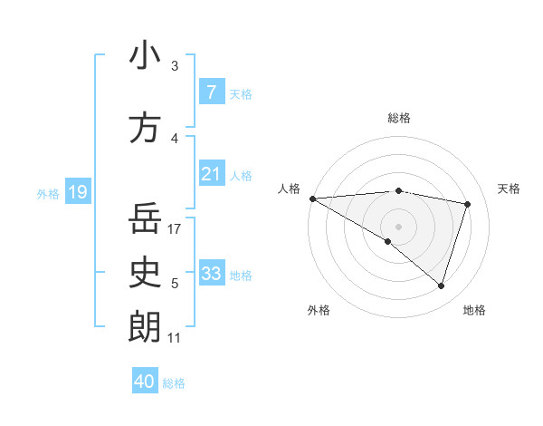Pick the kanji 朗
pos(145,326)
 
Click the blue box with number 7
pos(211,92)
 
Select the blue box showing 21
pos(211,174)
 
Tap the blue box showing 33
pos(211,274)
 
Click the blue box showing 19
pos(77,192)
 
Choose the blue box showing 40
pos(145,382)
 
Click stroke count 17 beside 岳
pos(176,229)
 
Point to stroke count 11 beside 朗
pos(175,338)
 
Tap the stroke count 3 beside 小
pos(175,65)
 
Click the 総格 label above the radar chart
pos(398,118)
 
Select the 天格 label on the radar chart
pos(510,189)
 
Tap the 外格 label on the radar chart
pos(319,310)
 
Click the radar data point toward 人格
pos(312,198)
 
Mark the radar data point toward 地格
pos(441,286)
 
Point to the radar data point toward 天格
pos(468,204)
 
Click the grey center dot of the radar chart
pos(398,226)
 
